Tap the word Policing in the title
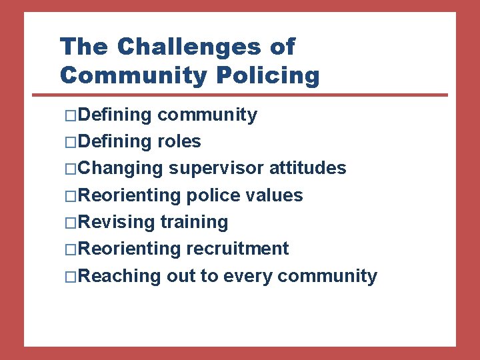pyautogui.click(x=268, y=76)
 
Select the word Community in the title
pyautogui.click(x=134, y=76)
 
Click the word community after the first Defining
pyautogui.click(x=207, y=115)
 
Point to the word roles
pyautogui.click(x=179, y=142)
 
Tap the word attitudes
pyautogui.click(x=307, y=169)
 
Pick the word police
pyautogui.click(x=211, y=195)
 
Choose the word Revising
pyautogui.click(x=117, y=222)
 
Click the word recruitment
pyautogui.click(x=237, y=249)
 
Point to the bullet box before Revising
pyautogui.click(x=72, y=223)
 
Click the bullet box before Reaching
pyautogui.click(x=72, y=276)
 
